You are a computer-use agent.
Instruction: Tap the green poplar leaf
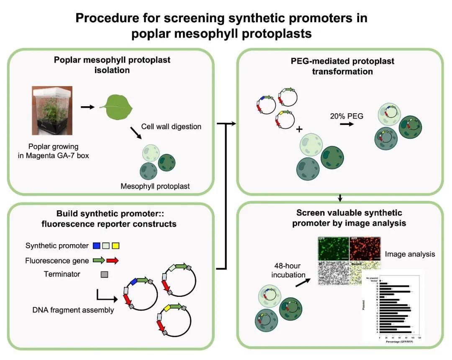(x=116, y=106)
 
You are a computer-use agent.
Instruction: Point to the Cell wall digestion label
(x=171, y=126)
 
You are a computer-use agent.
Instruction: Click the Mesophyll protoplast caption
(x=155, y=186)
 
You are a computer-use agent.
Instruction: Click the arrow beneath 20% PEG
(x=346, y=125)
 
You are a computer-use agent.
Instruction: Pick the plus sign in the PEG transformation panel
(x=299, y=130)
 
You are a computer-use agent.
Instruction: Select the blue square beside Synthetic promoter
(x=97, y=245)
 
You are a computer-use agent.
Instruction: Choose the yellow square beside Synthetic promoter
(x=116, y=245)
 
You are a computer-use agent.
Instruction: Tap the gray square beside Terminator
(x=104, y=275)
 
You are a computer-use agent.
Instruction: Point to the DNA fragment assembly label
(x=73, y=310)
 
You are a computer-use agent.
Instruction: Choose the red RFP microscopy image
(x=365, y=248)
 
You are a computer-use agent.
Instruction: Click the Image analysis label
(x=410, y=254)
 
